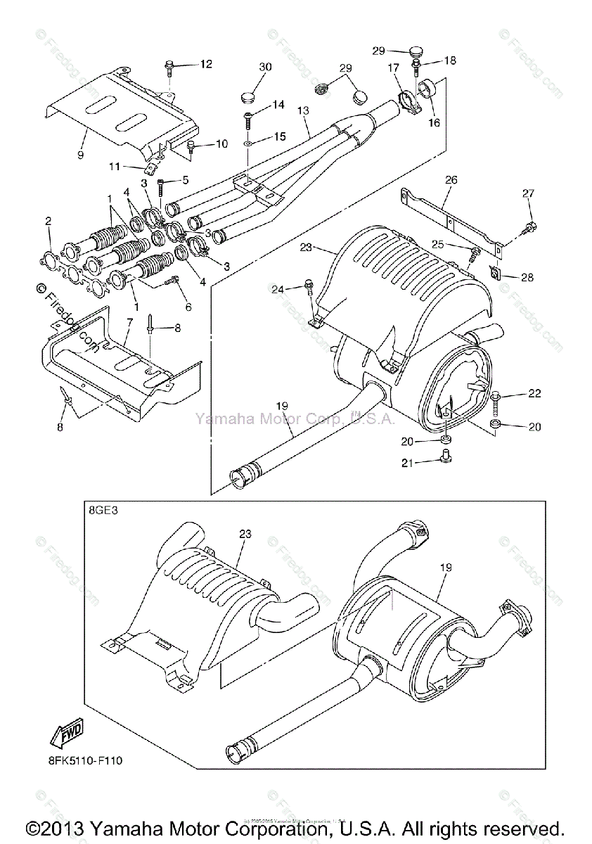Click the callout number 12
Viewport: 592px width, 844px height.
coord(205,65)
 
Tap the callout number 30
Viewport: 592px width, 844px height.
coord(265,67)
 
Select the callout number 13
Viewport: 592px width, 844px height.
coord(303,110)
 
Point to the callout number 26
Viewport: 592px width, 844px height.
coord(451,180)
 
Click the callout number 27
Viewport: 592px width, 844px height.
coord(529,193)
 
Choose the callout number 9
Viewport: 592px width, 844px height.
coord(80,154)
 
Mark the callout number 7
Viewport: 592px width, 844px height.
coord(129,321)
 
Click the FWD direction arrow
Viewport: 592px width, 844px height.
coord(66,736)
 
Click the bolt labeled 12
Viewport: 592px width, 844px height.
coord(169,68)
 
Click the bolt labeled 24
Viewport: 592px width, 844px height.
coord(309,286)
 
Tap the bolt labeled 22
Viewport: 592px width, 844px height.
coord(496,399)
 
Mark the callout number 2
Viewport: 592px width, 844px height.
coord(48,221)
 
